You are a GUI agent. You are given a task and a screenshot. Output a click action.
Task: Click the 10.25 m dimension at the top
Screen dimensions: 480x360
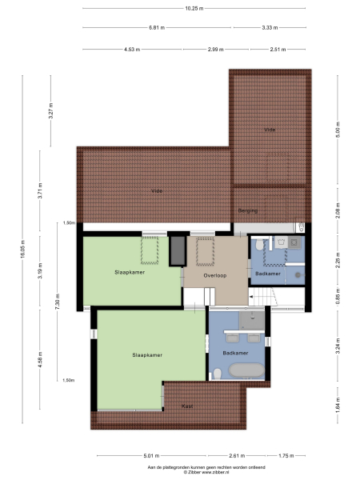[194, 8]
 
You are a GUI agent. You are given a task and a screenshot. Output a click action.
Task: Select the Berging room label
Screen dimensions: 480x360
[248, 210]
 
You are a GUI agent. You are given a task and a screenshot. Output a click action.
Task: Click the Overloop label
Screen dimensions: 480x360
[215, 275]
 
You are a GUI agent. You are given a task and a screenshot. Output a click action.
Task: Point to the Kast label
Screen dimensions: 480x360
[187, 406]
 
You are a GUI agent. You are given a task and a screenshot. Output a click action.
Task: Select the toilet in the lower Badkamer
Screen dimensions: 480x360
[217, 373]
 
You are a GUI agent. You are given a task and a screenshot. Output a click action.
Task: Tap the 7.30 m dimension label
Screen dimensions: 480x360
[58, 304]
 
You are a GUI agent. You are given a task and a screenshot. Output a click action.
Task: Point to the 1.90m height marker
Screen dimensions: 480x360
[69, 223]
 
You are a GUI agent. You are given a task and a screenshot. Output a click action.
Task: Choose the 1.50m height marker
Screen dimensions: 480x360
[69, 380]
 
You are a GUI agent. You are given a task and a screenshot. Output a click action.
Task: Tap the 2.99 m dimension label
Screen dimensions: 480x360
[215, 50]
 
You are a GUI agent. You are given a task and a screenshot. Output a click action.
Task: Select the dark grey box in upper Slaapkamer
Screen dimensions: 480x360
[175, 250]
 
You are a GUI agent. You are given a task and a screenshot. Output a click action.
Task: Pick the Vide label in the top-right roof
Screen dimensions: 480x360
[270, 129]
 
